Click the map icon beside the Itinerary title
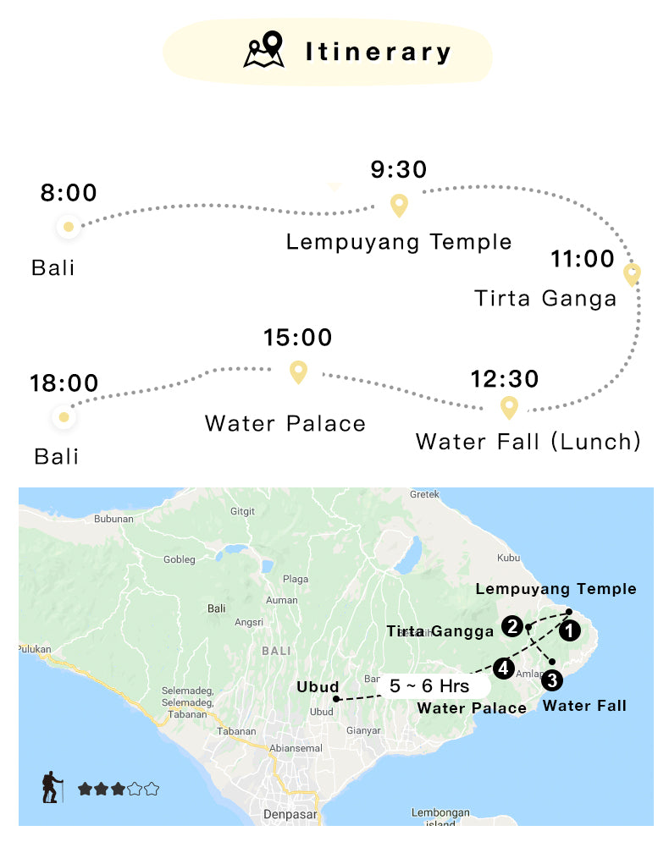[x=263, y=50]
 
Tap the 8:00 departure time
[x=69, y=193]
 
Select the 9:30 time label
[x=399, y=169]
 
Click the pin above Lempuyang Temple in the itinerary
[x=398, y=205]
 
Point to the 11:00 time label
[x=583, y=259]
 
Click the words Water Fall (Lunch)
[x=528, y=441]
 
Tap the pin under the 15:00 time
[x=298, y=371]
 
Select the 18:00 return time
[x=64, y=383]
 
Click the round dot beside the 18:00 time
[x=62, y=417]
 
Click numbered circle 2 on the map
[x=511, y=626]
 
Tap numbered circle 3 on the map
[x=551, y=679]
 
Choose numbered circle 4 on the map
[x=504, y=669]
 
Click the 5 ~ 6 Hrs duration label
[x=429, y=685]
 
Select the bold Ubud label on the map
[x=318, y=687]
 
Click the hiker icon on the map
[x=53, y=787]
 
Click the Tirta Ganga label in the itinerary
[x=545, y=298]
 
